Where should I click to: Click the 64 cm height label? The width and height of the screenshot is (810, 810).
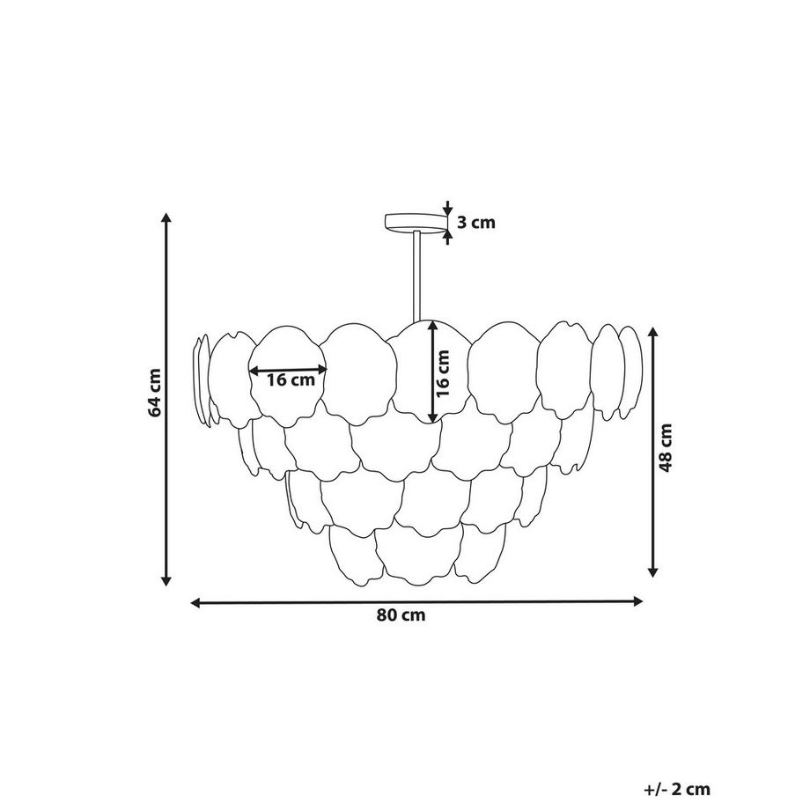point(155,392)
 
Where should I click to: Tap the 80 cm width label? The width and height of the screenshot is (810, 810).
point(401,615)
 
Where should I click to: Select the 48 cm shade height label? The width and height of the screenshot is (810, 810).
point(666,447)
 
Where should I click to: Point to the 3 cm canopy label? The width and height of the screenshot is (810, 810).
point(475,222)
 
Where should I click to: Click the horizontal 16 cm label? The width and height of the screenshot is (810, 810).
point(291,380)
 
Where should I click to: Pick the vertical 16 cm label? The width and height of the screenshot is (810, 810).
point(443,373)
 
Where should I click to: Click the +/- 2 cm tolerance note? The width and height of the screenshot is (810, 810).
point(677,790)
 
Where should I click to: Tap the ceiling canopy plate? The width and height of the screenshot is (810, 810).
point(416,223)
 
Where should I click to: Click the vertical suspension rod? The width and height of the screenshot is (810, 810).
point(416,277)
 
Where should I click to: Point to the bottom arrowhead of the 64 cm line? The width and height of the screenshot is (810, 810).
point(166,580)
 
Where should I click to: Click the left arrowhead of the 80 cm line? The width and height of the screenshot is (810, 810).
point(197,602)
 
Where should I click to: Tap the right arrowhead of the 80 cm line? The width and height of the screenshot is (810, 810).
point(637,600)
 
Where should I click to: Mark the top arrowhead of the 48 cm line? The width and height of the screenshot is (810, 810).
point(653,333)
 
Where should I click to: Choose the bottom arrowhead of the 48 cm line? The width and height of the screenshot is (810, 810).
point(653,571)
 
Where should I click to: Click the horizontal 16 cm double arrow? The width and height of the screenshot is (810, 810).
point(288,370)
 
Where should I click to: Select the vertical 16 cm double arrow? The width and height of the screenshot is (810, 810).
point(433,372)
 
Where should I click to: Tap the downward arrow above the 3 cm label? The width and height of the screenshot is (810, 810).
point(447,208)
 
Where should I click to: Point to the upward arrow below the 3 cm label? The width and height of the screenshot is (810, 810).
point(447,237)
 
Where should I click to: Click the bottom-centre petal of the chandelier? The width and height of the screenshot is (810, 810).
point(418,556)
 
